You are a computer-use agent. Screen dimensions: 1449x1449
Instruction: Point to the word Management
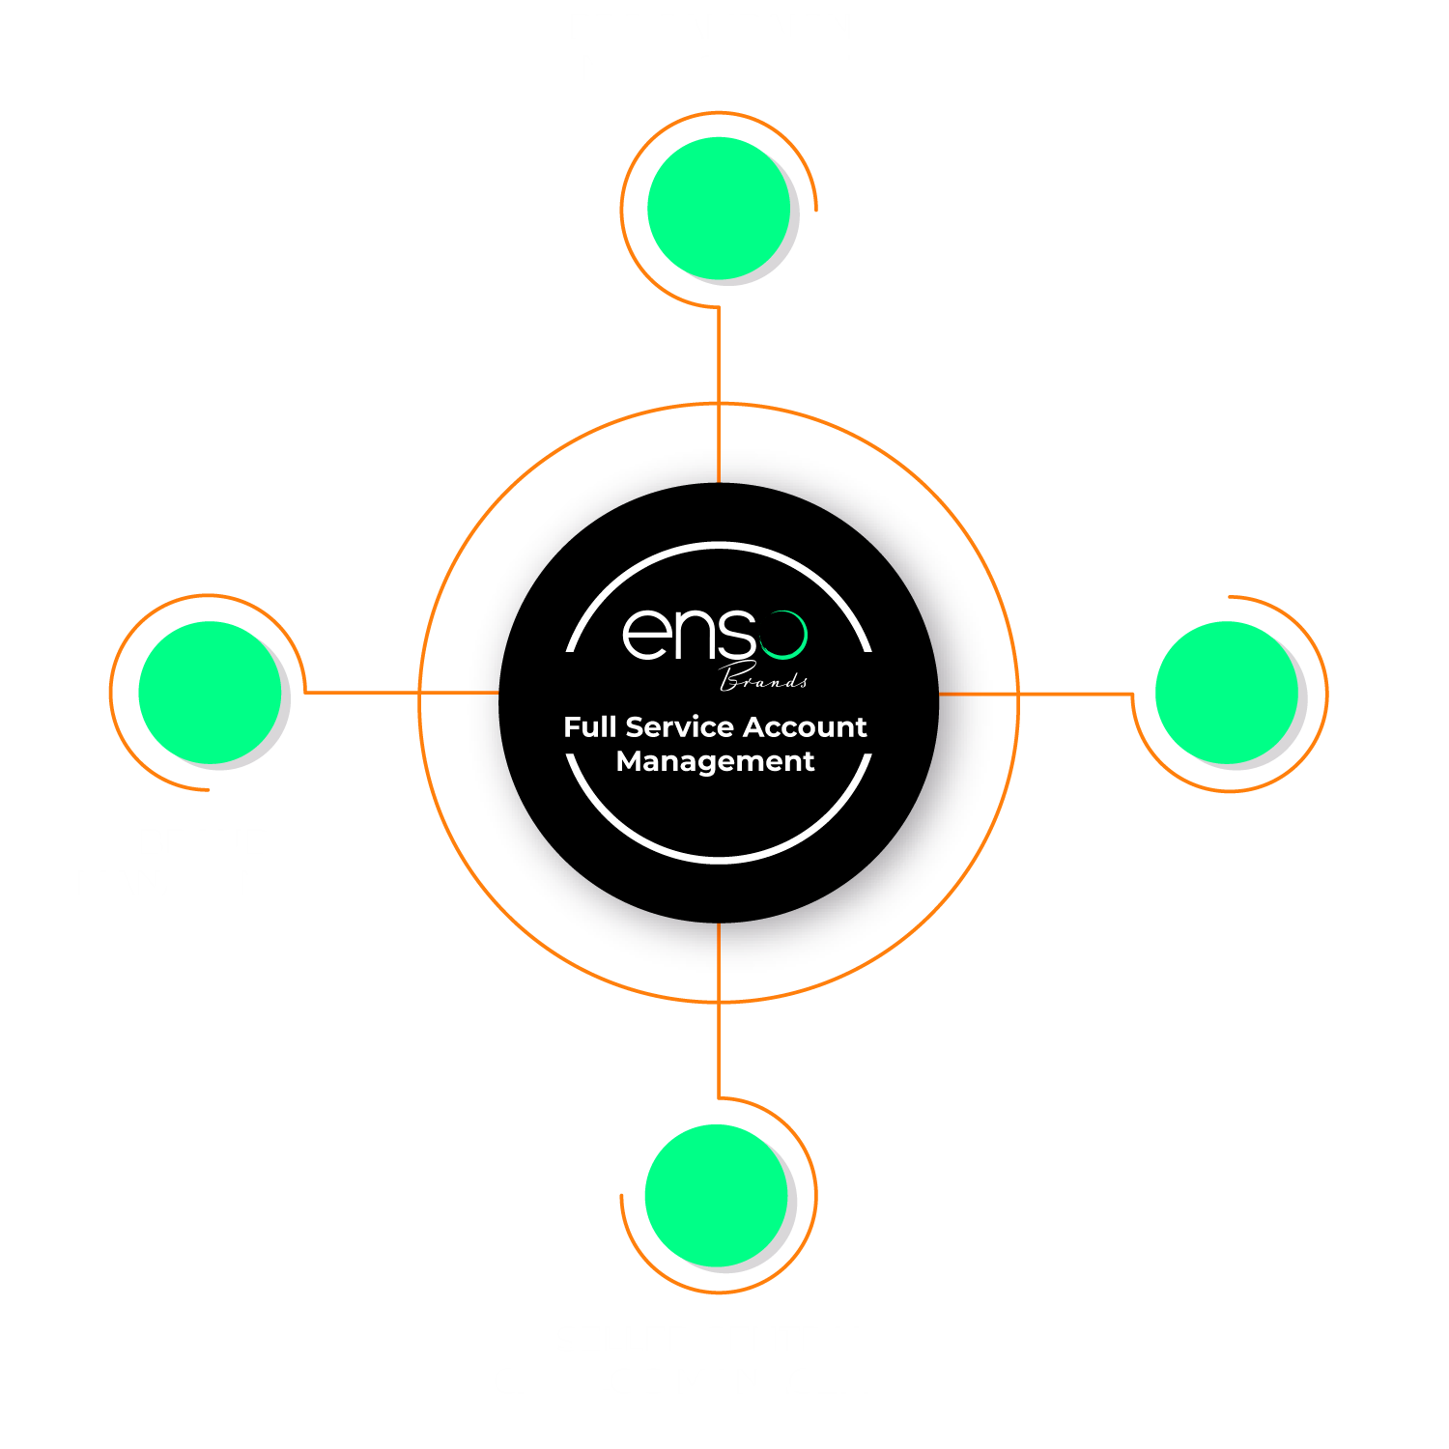[715, 761]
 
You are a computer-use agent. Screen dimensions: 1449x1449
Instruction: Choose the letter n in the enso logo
[695, 635]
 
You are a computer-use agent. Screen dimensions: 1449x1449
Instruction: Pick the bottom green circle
[717, 1195]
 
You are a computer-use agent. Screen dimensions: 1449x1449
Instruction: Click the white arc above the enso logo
[719, 547]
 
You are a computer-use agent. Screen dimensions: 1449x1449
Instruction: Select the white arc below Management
[719, 857]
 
